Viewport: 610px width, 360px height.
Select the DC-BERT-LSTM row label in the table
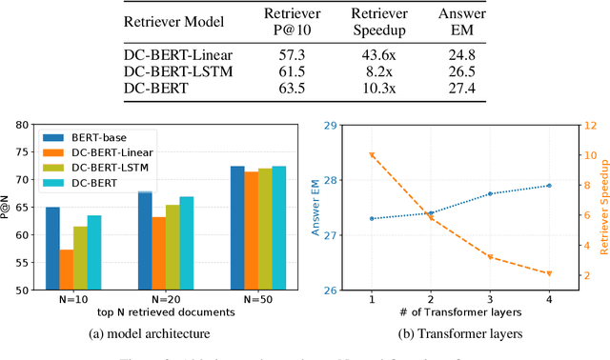tap(183, 71)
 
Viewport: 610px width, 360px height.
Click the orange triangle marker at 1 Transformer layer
tap(372, 155)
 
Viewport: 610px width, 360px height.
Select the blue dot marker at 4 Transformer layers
tap(548, 186)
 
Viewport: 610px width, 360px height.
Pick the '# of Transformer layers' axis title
tap(460, 312)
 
